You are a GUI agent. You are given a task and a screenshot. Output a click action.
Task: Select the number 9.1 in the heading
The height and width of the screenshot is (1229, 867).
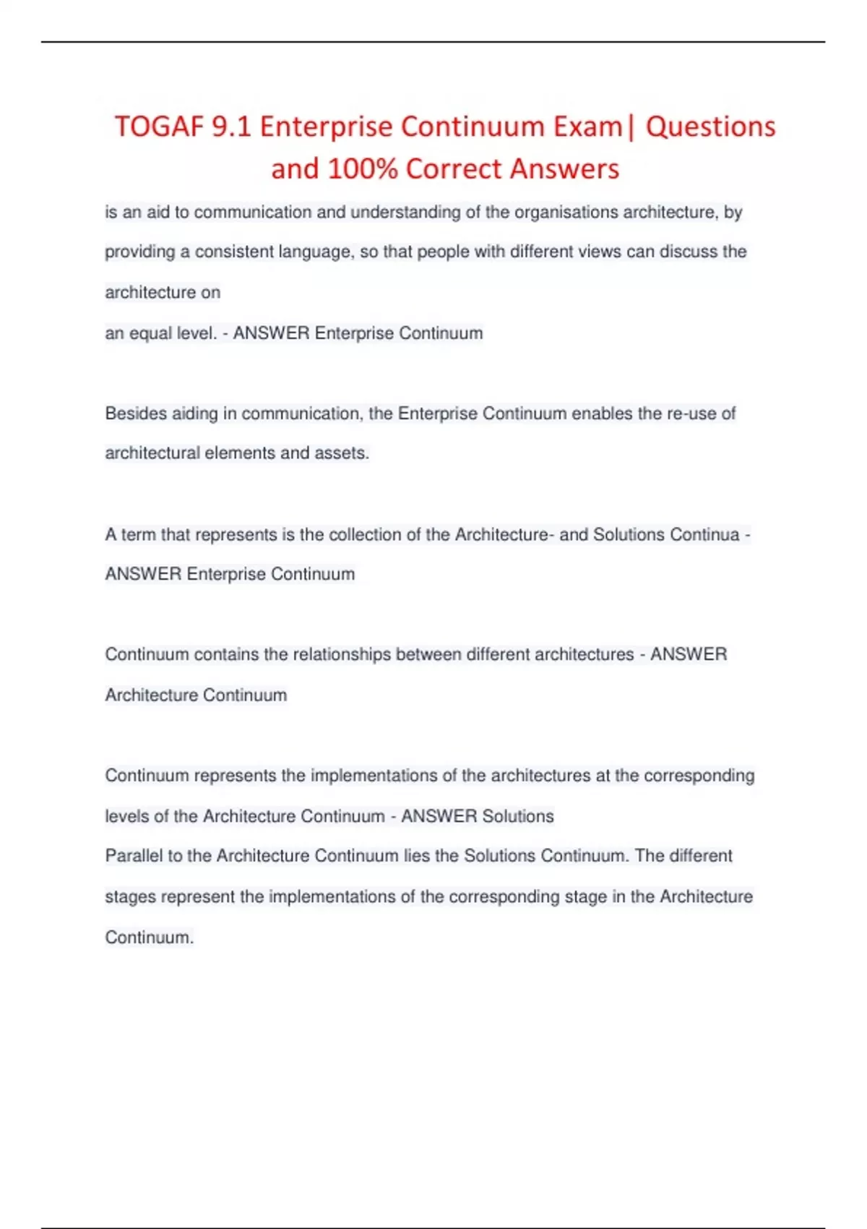coord(231,127)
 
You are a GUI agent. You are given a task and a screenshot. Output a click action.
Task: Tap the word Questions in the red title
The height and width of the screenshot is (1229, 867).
coord(710,127)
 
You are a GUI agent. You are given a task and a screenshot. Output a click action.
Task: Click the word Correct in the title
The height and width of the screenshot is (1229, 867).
coord(454,169)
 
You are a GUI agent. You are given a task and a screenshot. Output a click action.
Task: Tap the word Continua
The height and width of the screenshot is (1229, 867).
coord(704,535)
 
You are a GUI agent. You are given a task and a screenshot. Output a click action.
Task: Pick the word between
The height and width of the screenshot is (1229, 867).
coord(428,655)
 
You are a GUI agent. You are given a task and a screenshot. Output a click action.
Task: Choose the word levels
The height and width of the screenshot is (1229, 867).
coord(126,816)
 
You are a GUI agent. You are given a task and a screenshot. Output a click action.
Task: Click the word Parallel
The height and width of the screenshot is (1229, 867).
coord(134,856)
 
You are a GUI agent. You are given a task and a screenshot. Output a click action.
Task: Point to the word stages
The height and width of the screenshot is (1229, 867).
coord(130,897)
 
